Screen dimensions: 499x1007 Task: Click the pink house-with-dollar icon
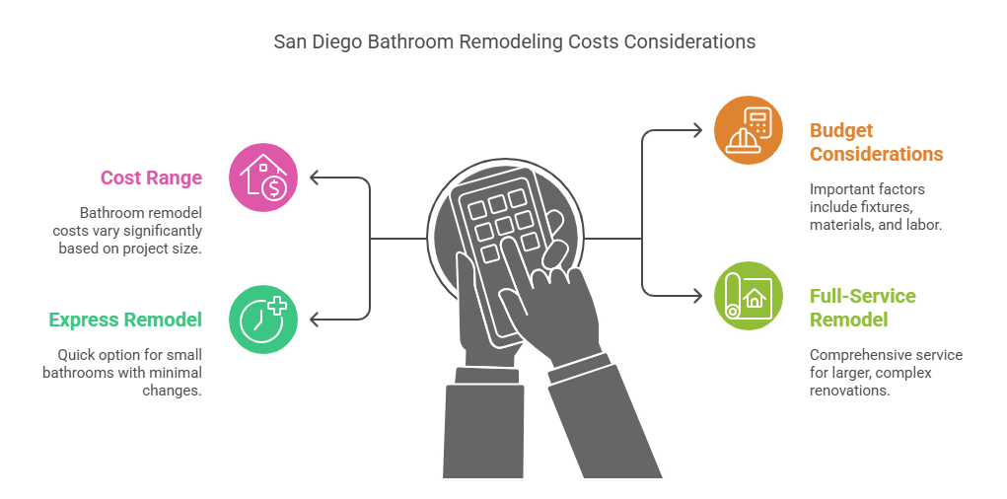click(263, 178)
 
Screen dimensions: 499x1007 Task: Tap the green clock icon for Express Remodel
click(263, 319)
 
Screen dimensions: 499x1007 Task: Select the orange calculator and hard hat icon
click(749, 130)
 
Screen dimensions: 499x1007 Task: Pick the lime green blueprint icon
click(749, 296)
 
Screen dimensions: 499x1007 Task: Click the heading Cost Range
click(151, 178)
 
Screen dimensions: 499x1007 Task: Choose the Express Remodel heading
click(125, 320)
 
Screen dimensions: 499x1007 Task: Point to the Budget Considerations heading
click(876, 142)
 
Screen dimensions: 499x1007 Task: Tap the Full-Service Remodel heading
click(862, 308)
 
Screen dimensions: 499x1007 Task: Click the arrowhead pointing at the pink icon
click(315, 178)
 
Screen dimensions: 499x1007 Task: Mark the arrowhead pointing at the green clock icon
click(315, 320)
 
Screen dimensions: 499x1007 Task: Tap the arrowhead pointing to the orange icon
click(697, 130)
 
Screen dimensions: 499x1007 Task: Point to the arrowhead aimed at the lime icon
click(697, 295)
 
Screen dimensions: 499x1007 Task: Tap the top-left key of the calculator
click(474, 209)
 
